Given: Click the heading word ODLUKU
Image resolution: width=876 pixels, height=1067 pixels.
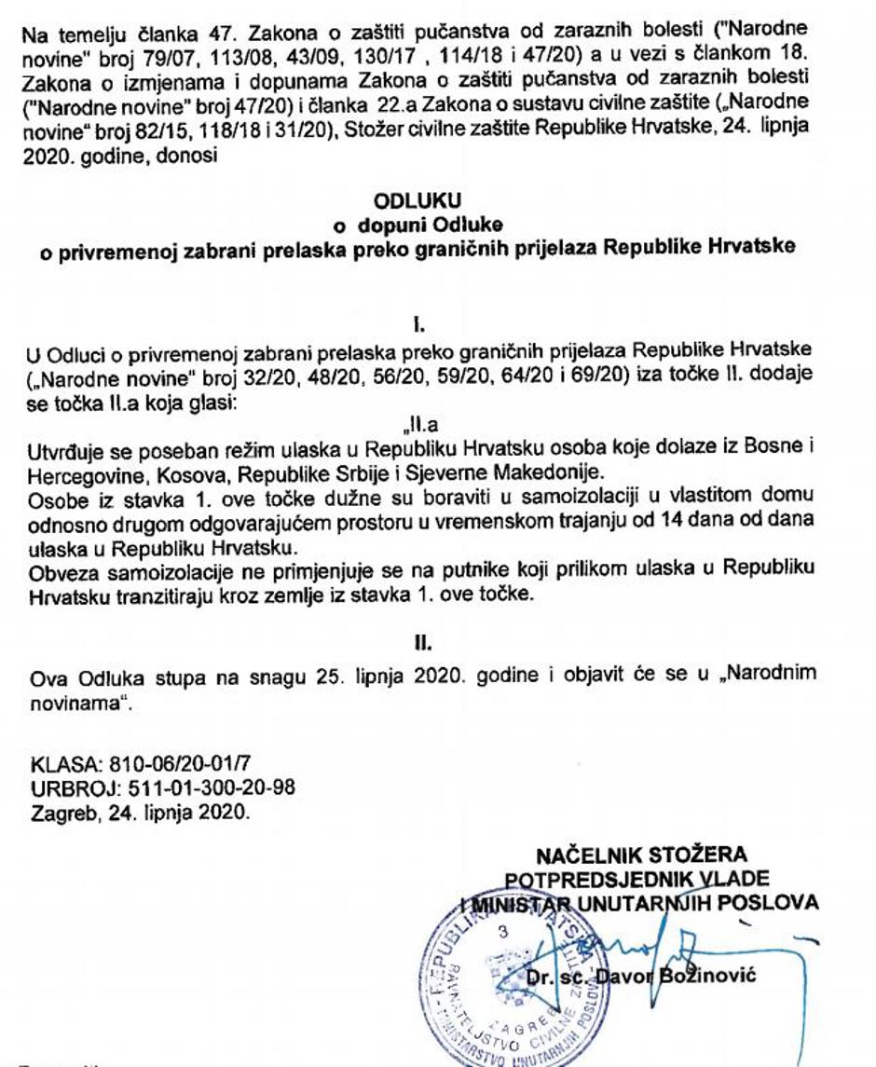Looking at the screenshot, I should (x=417, y=200).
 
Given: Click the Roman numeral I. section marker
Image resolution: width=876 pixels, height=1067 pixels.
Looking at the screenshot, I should (x=420, y=325).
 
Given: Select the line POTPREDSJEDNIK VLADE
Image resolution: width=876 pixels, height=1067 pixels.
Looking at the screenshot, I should (x=637, y=879).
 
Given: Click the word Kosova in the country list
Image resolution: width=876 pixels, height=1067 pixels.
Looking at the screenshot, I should (x=169, y=468).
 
